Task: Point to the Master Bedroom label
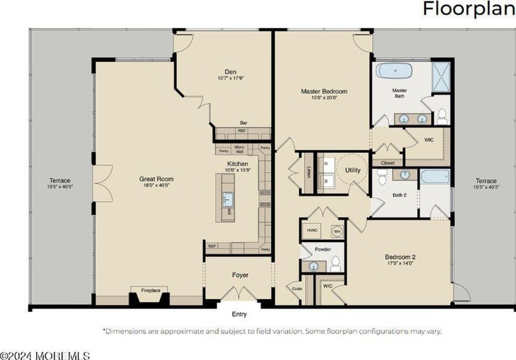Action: coord(319,92)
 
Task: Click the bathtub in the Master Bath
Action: coord(394,71)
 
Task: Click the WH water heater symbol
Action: coord(337,232)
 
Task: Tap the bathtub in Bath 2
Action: coord(436,177)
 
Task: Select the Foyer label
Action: coord(239,276)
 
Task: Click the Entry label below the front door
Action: coord(239,315)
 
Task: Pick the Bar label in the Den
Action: coord(243,122)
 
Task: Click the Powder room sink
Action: coord(314,265)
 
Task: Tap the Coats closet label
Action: coord(297,288)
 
